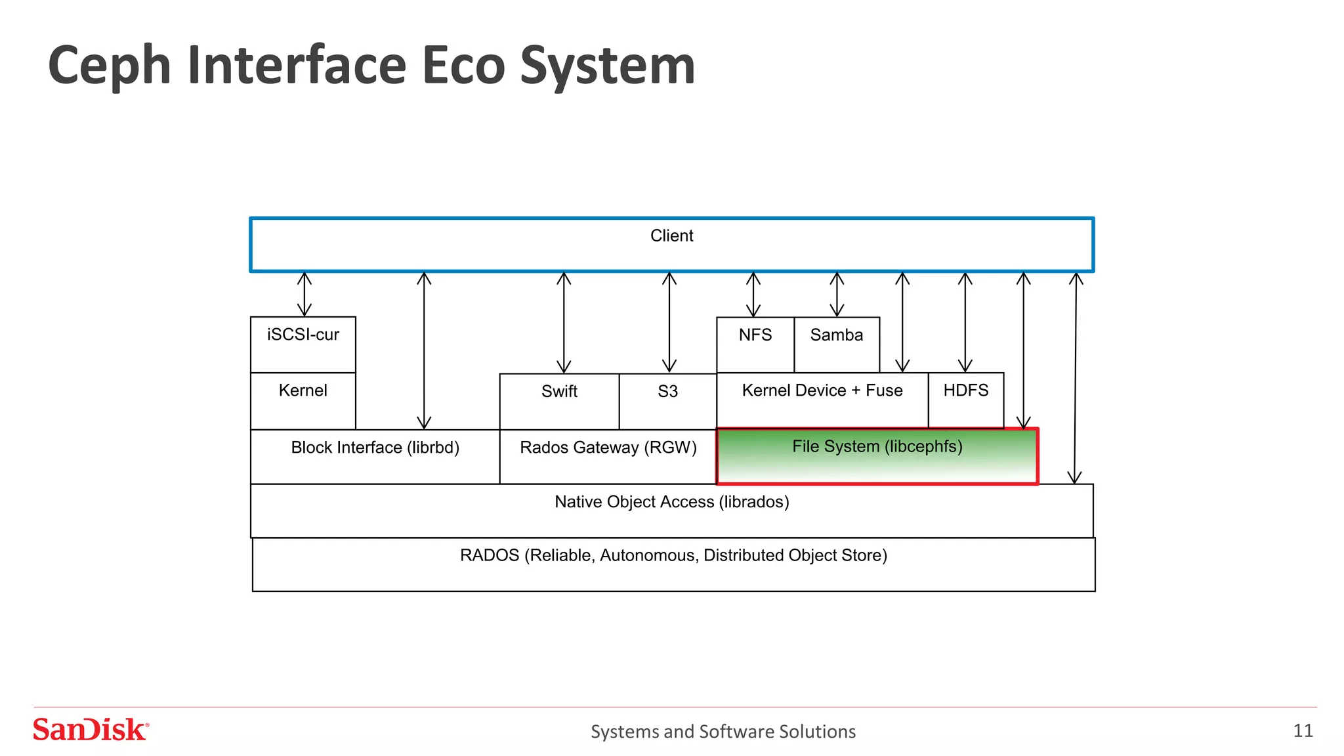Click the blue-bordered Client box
click(x=671, y=245)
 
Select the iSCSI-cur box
click(x=303, y=345)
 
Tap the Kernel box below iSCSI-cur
click(x=303, y=400)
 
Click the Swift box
click(x=559, y=401)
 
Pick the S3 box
click(x=667, y=401)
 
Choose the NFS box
click(x=755, y=345)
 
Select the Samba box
click(x=837, y=345)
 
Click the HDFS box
click(x=966, y=400)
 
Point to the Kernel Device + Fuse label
click(x=822, y=390)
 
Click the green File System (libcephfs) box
click(x=877, y=457)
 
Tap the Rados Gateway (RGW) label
click(x=608, y=448)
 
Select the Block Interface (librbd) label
click(x=375, y=448)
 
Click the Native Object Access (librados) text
click(x=671, y=502)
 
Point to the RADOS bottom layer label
click(x=673, y=556)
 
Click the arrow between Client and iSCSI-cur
click(x=304, y=294)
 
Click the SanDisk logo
click(x=91, y=730)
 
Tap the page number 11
click(x=1303, y=730)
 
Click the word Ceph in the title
click(x=109, y=66)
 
